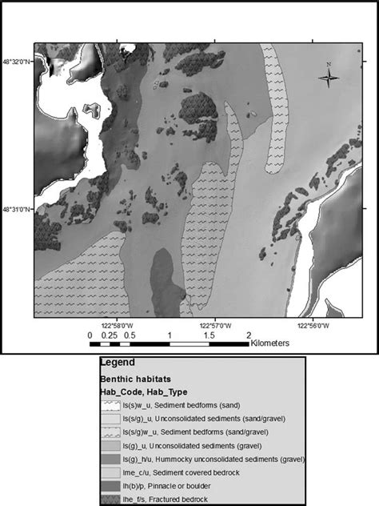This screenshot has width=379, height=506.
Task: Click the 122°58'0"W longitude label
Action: click(x=113, y=325)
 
